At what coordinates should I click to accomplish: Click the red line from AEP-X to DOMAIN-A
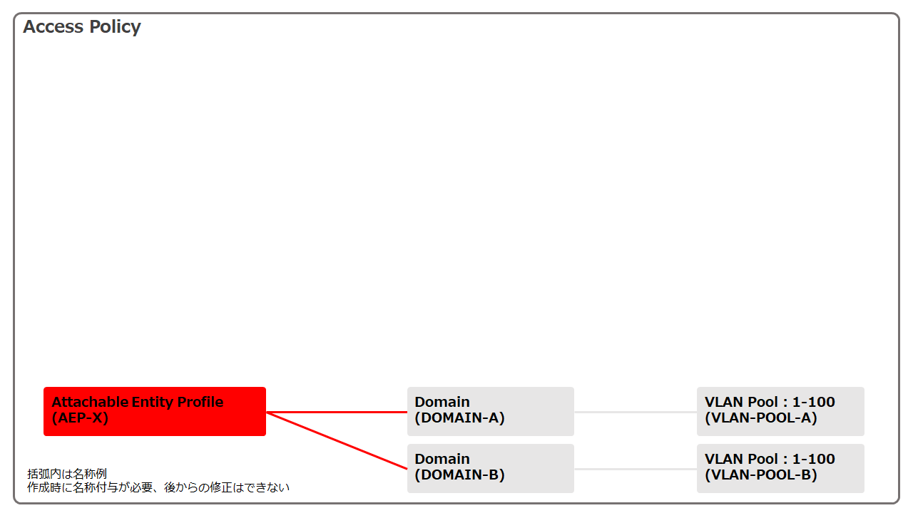335,412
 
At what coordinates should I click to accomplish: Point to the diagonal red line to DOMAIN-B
335,440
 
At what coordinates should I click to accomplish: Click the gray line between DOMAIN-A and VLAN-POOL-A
635,412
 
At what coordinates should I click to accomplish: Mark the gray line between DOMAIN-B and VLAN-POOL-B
635,469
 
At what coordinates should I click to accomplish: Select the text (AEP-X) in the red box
80,418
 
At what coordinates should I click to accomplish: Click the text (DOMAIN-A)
459,418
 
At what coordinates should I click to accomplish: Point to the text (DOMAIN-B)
459,475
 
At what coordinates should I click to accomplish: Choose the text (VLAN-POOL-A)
760,418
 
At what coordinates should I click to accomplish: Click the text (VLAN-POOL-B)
760,475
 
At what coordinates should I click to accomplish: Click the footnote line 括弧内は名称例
67,474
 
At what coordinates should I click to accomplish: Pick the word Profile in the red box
200,403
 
